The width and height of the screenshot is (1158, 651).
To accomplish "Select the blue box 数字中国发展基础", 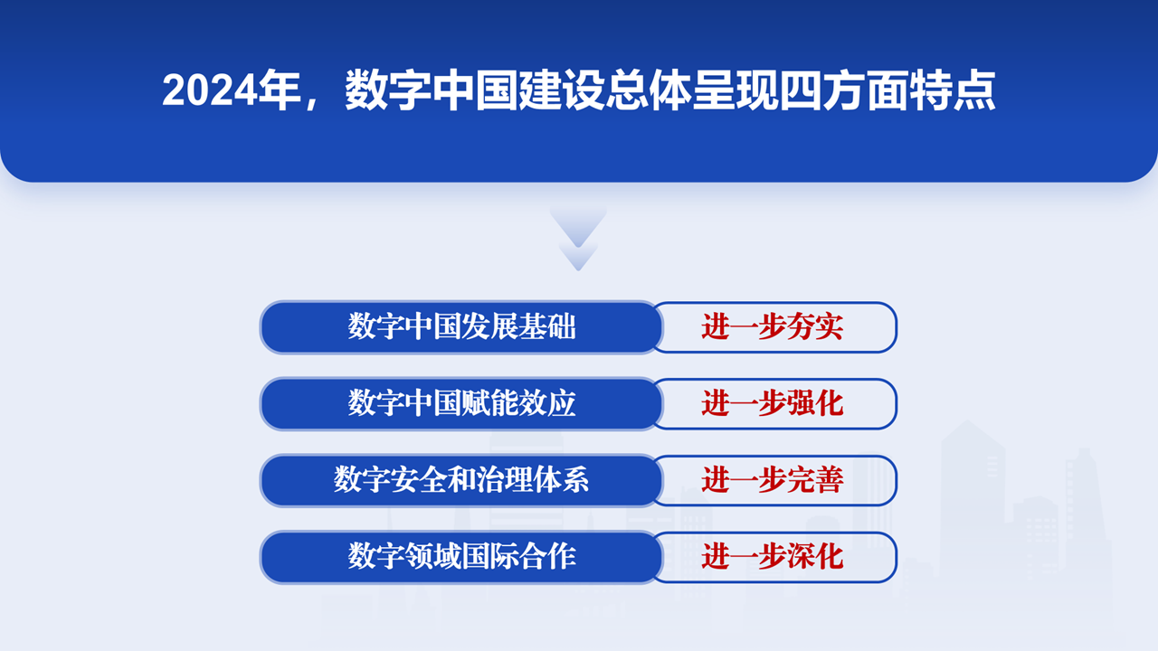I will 461,327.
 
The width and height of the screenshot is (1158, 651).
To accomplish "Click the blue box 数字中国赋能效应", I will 461,403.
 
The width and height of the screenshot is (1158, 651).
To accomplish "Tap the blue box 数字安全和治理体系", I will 461,480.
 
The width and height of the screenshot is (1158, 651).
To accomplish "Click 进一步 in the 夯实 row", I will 744,327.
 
